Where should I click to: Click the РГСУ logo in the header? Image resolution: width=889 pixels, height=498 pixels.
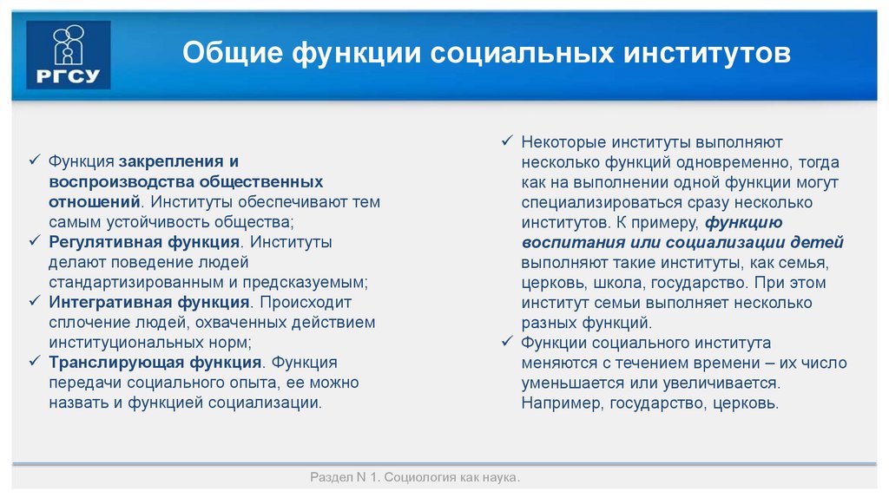[x=69, y=55]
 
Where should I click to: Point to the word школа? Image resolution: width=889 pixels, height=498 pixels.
[x=622, y=283]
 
